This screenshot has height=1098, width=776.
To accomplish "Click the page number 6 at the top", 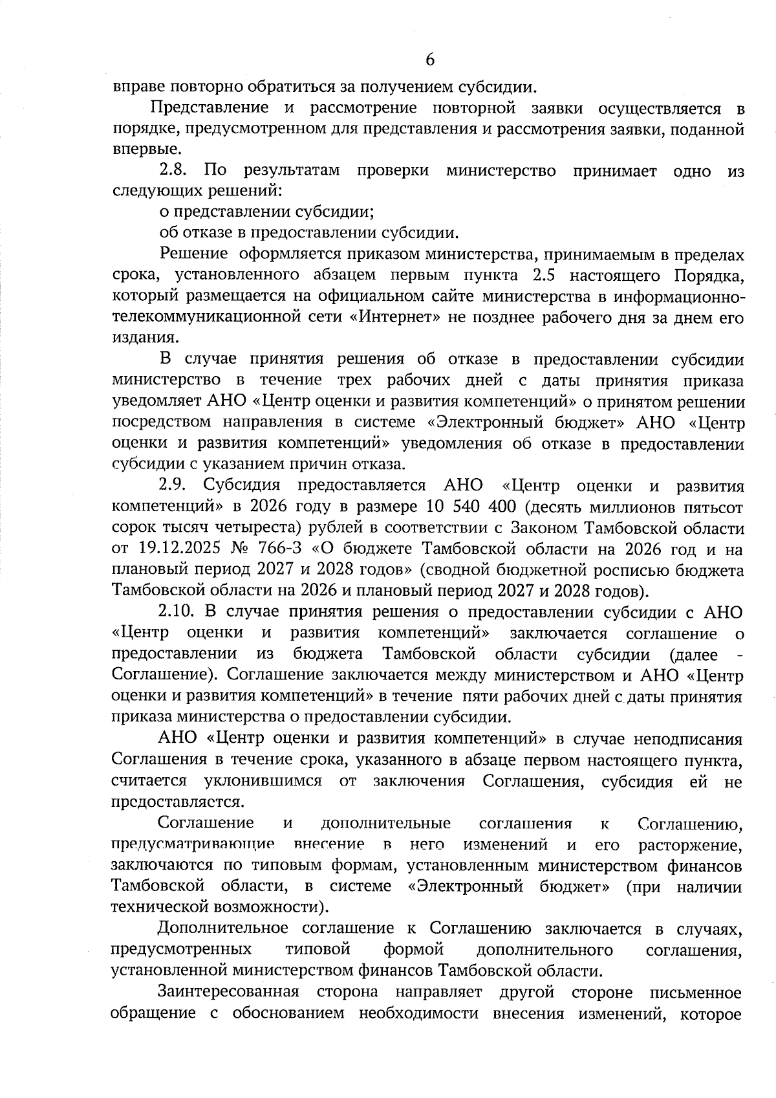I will pyautogui.click(x=430, y=60).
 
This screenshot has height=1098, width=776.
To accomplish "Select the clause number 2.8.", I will pyautogui.click(x=173, y=171).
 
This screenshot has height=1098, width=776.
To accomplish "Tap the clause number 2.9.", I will pyautogui.click(x=173, y=486).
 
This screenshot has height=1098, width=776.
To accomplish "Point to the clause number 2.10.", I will pyautogui.click(x=177, y=611).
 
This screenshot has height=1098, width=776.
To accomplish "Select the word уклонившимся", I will pyautogui.click(x=263, y=781).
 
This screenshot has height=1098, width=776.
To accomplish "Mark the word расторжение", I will pyautogui.click(x=690, y=845).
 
